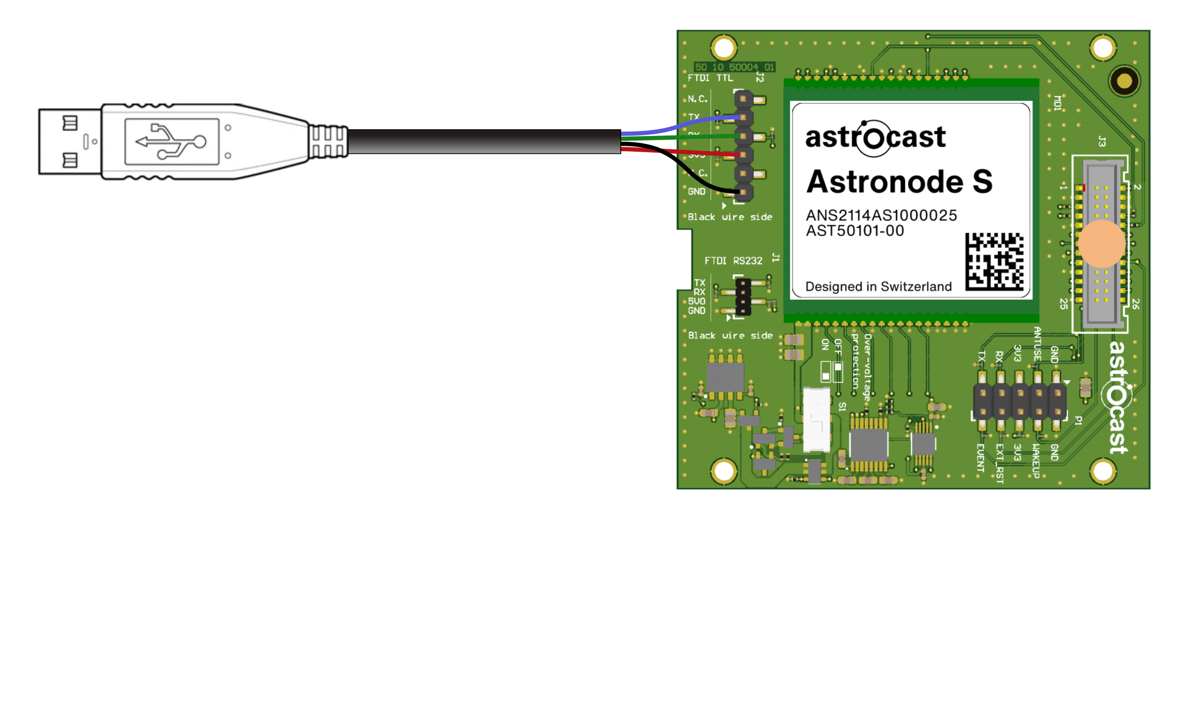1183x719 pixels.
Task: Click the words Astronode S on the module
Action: click(x=899, y=182)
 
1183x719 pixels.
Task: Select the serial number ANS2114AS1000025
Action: click(x=881, y=215)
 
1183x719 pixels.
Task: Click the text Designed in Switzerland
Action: click(x=878, y=287)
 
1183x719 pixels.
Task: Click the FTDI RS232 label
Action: click(x=733, y=261)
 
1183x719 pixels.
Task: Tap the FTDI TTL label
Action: click(x=710, y=78)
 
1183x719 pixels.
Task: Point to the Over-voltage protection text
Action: click(x=861, y=368)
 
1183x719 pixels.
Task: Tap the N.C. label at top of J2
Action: click(x=697, y=99)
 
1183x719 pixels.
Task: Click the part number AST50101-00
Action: click(x=854, y=231)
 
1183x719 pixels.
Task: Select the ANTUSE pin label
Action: click(x=1037, y=343)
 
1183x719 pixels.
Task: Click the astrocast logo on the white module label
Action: click(x=875, y=138)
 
